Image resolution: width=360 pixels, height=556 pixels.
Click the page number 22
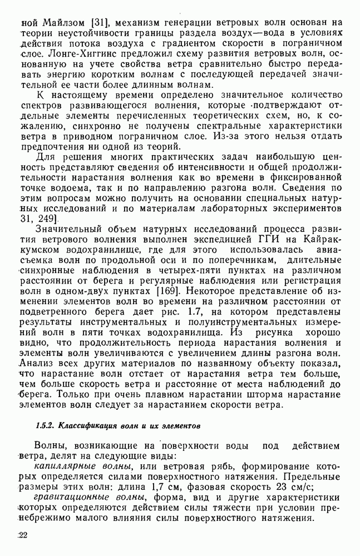[x=23, y=536]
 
